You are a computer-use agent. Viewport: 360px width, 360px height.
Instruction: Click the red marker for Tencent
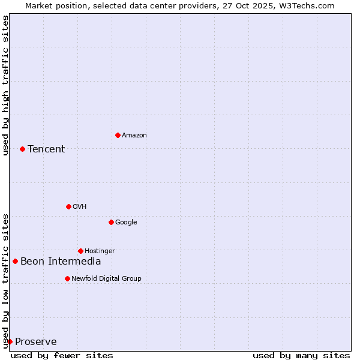coord(22,149)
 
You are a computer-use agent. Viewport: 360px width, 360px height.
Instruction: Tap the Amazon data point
coord(118,135)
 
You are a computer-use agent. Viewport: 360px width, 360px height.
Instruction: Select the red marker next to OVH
coord(68,206)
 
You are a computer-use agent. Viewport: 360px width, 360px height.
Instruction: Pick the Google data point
coord(111,222)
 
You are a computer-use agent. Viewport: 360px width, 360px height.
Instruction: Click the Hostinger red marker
coord(80,251)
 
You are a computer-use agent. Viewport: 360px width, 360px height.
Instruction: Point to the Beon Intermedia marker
coord(15,261)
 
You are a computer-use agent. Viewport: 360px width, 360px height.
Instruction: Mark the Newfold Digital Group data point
coord(67,278)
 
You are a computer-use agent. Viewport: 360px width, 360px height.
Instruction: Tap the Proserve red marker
coord(10,341)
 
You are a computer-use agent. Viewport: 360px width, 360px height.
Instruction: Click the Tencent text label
coord(46,149)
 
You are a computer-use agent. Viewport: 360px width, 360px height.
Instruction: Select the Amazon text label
coord(134,135)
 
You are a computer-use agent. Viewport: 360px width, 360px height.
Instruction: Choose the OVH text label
coord(80,206)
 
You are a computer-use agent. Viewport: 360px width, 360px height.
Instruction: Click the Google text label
coord(126,222)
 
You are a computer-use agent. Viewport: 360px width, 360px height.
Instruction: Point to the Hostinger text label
coord(100,251)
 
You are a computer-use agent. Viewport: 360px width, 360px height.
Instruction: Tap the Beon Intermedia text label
coord(61,261)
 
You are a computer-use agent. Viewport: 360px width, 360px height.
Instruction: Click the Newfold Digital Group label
coord(106,278)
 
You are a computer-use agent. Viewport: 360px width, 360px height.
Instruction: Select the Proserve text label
coord(36,341)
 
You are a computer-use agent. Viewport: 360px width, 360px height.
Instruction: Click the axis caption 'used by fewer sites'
coord(62,355)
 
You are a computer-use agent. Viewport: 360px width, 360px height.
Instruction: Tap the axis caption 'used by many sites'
coord(301,355)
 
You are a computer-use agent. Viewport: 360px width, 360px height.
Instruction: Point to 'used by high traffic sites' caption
coord(5,85)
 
